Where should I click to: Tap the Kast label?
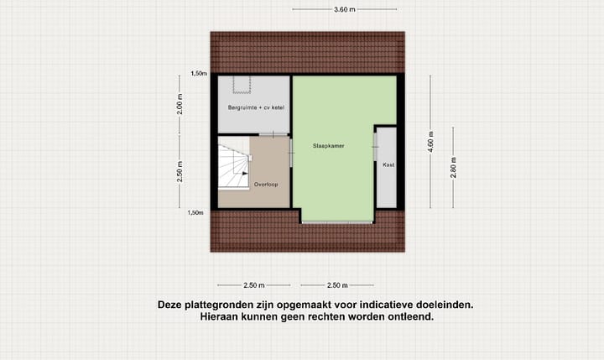[388, 165]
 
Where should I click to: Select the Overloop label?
[266, 183]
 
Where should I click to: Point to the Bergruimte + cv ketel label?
[254, 107]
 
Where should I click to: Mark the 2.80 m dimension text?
[453, 168]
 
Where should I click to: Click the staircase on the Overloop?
[234, 166]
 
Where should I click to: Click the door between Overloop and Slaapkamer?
[292, 150]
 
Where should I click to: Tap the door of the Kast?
[375, 164]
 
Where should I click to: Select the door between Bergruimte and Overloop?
[272, 135]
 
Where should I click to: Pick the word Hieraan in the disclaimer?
[221, 317]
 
